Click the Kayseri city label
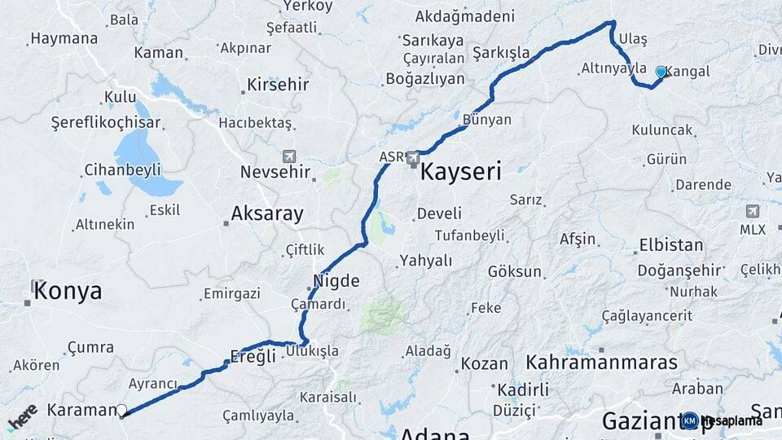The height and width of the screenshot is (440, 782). [x=460, y=172]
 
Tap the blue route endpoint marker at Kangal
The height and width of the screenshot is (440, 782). [x=661, y=73]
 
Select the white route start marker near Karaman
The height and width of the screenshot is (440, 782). [x=121, y=411]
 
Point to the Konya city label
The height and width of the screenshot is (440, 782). [x=68, y=292]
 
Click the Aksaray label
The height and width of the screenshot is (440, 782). [x=267, y=214]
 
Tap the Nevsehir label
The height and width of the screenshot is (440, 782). [x=275, y=173]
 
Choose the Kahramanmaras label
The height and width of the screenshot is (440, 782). [x=602, y=363]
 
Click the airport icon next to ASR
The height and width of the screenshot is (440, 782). [x=413, y=156]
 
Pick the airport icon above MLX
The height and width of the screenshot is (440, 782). [x=752, y=211]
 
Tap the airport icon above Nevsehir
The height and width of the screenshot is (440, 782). [x=289, y=156]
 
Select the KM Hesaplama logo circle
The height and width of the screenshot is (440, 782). [x=690, y=420]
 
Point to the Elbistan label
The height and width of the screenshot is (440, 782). [x=671, y=245]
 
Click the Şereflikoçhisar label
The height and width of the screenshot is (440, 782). [x=106, y=124]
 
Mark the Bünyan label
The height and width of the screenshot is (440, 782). [x=486, y=120]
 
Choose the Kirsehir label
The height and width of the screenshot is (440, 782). [x=278, y=85]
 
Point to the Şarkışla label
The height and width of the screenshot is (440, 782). [x=501, y=53]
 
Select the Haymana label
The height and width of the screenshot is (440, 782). [x=64, y=38]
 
